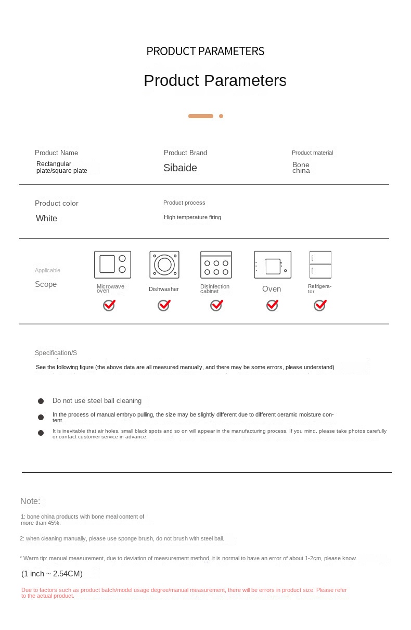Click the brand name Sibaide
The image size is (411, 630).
[x=180, y=168]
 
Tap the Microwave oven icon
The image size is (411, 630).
[x=112, y=264]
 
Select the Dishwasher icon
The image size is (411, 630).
[x=164, y=264]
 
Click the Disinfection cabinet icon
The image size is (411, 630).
[x=216, y=264]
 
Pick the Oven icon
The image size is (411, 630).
[x=273, y=265]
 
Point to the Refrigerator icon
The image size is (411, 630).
[x=320, y=264]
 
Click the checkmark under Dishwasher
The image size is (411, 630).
[x=164, y=306]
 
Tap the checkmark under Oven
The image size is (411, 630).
[x=272, y=306]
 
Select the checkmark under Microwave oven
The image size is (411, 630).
[x=109, y=306]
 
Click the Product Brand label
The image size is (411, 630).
[x=185, y=153]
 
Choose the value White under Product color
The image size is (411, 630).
[x=46, y=219]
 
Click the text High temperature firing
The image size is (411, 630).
[x=192, y=217]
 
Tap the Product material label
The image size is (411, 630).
[x=312, y=153]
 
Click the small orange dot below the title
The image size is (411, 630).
[x=221, y=116]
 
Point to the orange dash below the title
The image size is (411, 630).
[x=201, y=116]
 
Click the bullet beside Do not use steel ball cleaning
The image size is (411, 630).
[x=41, y=401]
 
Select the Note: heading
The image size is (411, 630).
[x=30, y=501]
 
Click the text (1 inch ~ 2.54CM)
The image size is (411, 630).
[x=52, y=574]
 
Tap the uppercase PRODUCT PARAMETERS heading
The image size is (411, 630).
[x=205, y=51]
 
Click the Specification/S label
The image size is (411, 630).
[x=56, y=353]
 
